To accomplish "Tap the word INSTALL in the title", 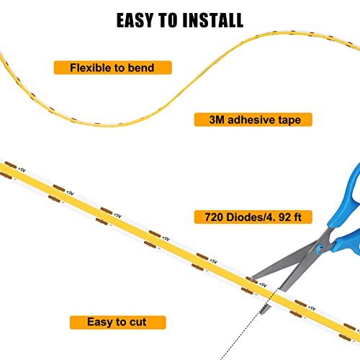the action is pos(213,20).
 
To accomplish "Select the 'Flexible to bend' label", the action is pos(113,68).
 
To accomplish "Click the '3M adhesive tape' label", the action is pos(253,120).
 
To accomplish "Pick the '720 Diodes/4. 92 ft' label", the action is pos(253,217).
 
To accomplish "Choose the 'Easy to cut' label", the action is pos(118,323).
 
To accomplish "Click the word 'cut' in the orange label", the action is pos(138,322).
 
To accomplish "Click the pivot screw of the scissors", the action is pos(320,248).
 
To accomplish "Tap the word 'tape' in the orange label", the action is pos(289,120).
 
